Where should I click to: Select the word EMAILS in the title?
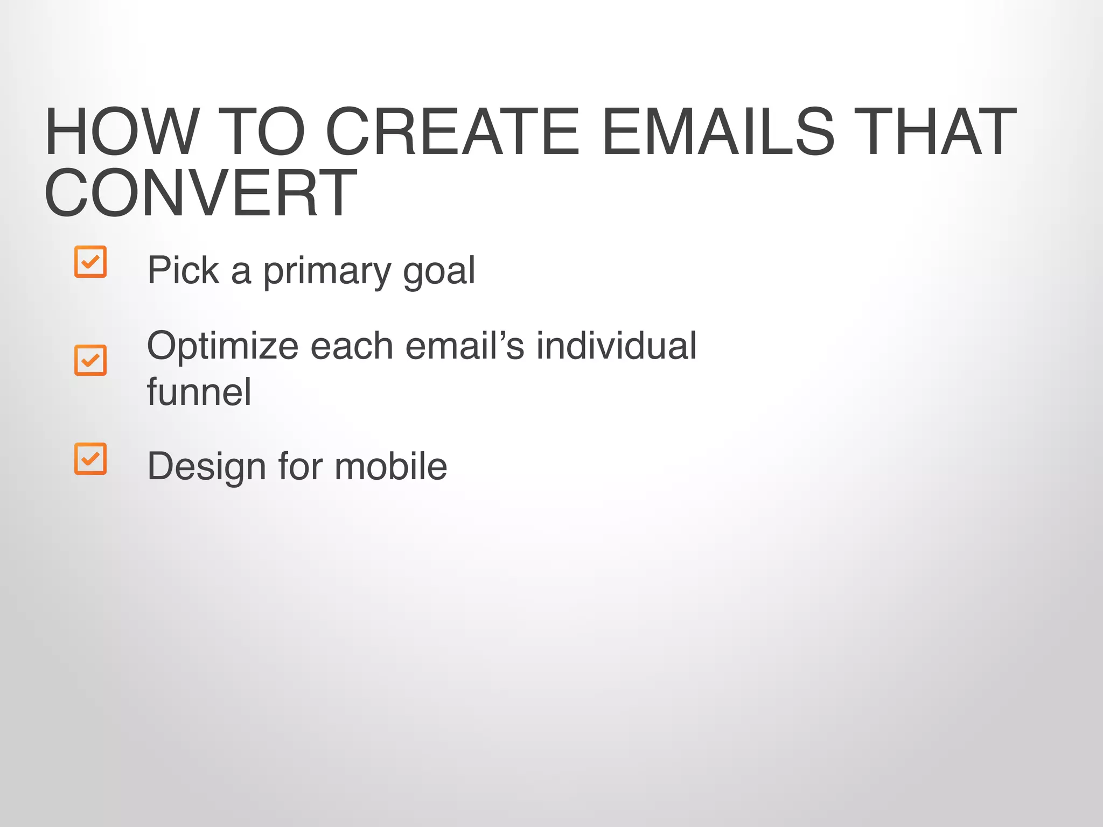click(718, 132)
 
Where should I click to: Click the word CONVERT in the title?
click(200, 193)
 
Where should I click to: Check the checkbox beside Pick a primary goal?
click(90, 262)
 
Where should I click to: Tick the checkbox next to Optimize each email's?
click(90, 360)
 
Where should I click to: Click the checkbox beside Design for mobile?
click(90, 458)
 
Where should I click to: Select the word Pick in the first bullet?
click(183, 270)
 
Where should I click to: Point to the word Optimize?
click(222, 346)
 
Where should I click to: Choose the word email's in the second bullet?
click(464, 345)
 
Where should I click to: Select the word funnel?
click(199, 391)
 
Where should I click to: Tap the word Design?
click(206, 467)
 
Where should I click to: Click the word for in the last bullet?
click(300, 466)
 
